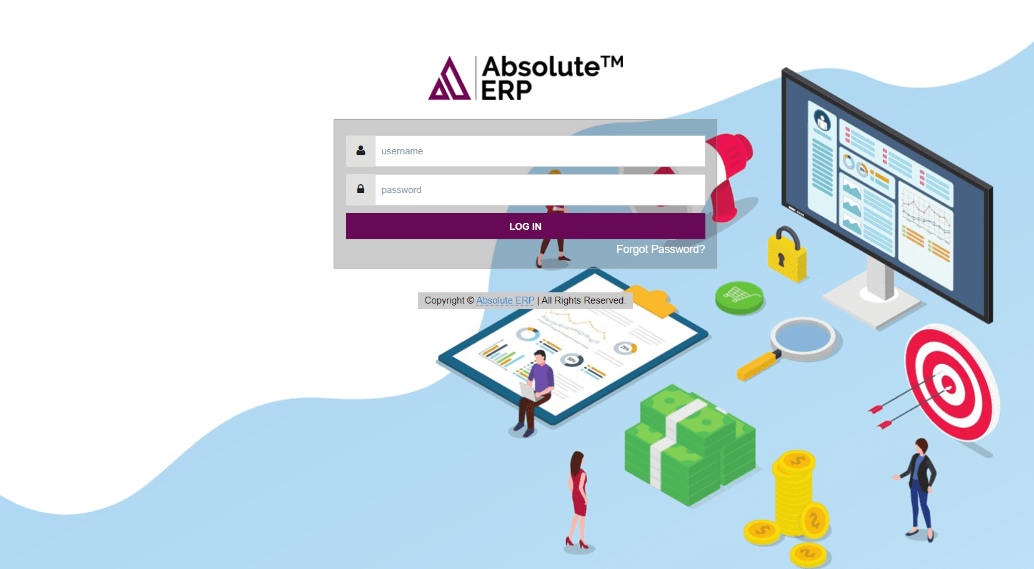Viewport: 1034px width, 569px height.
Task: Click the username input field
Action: click(540, 151)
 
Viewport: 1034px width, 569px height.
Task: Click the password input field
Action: click(540, 190)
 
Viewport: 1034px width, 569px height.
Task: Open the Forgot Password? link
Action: click(660, 249)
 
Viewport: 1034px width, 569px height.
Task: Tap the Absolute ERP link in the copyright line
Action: click(505, 300)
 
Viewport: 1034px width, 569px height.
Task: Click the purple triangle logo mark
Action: click(449, 80)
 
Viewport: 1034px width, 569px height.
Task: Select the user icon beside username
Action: click(360, 151)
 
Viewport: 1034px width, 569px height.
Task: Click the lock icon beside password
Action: click(360, 189)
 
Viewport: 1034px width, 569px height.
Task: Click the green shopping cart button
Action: click(740, 296)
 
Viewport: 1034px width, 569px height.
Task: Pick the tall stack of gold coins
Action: click(794, 493)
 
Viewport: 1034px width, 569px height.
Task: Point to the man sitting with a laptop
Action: click(535, 390)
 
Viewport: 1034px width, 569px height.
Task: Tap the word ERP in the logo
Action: click(506, 91)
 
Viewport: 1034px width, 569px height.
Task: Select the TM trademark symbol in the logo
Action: click(612, 62)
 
